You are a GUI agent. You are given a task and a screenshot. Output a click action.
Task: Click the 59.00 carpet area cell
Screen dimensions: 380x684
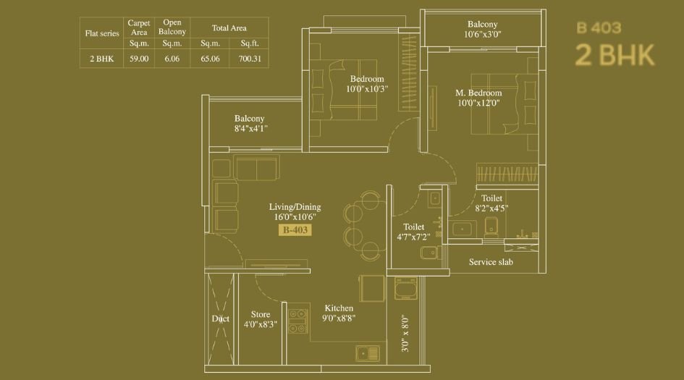pos(139,59)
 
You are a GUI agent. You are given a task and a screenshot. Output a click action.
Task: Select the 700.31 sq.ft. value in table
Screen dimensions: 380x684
pos(249,59)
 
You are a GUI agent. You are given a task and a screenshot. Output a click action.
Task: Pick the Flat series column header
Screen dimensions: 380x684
pos(101,33)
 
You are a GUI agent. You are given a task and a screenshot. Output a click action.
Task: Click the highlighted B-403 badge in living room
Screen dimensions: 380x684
pos(295,230)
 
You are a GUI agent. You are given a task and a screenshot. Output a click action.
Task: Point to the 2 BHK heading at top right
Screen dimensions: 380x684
pos(615,56)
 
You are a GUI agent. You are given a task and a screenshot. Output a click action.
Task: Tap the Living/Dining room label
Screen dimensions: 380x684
pos(295,207)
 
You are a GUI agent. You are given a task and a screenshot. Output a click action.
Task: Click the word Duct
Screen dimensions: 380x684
pos(221,318)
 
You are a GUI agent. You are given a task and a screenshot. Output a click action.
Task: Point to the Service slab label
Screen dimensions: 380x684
pos(491,262)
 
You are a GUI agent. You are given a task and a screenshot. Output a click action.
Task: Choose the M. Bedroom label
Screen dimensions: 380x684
pos(478,93)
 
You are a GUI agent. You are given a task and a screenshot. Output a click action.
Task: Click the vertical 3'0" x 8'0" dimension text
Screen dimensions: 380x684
pos(405,334)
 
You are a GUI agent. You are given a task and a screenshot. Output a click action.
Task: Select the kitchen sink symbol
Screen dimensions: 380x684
pos(368,353)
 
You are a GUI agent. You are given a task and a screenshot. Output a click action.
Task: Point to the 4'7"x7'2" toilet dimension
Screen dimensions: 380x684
pos(413,237)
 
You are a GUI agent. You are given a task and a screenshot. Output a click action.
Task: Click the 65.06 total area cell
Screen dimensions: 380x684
pos(210,59)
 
